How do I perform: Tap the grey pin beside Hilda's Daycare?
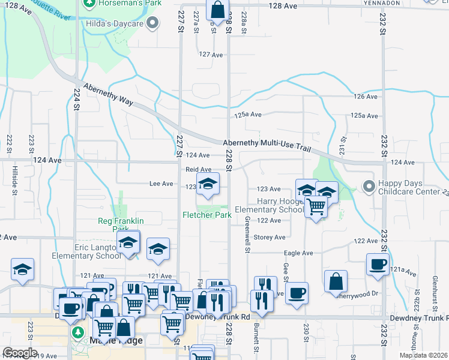click(x=153, y=23)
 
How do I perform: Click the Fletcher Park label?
click(x=207, y=215)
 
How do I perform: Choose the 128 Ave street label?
click(x=283, y=5)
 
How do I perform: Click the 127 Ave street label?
click(x=211, y=55)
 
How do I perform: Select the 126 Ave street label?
click(x=366, y=97)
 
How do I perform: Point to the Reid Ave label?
click(x=198, y=170)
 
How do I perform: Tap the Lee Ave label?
click(x=161, y=184)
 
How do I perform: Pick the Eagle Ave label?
click(x=301, y=253)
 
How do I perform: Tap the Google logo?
click(x=20, y=353)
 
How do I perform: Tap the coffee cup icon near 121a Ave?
click(x=378, y=265)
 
